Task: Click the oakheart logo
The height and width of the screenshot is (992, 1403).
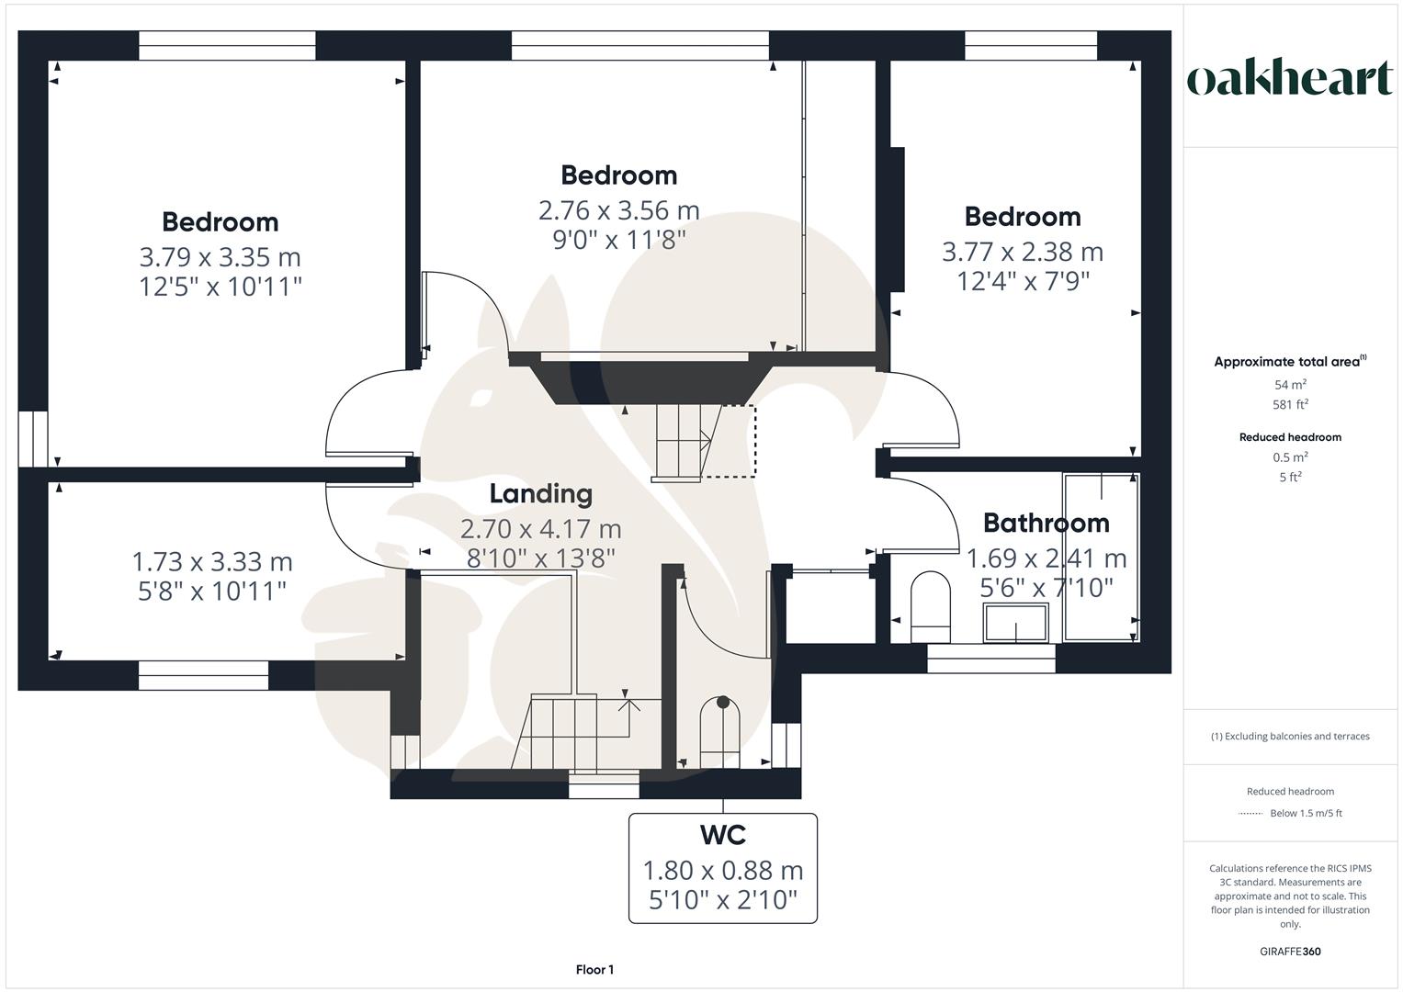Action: coord(1289,79)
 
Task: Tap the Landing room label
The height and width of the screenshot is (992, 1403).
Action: coord(540,494)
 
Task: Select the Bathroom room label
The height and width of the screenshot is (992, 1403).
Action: coord(1046,524)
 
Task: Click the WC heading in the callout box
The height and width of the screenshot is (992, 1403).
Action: coord(723,836)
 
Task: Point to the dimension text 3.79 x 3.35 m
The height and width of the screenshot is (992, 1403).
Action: coord(220,257)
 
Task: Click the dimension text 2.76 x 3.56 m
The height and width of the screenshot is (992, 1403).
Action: coord(618,210)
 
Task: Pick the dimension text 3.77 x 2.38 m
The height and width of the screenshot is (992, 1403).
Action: coord(1022,252)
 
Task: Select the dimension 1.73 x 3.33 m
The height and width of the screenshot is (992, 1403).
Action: coord(212,561)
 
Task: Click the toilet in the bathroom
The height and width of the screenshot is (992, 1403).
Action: coord(930,606)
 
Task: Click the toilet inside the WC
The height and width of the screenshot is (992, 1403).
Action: coord(721,732)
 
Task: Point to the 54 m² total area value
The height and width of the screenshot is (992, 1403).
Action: coord(1290,385)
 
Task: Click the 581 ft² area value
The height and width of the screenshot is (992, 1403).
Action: coord(1290,404)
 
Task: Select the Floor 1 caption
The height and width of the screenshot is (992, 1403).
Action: coord(594,970)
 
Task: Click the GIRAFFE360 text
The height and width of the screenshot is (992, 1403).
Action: coord(1290,952)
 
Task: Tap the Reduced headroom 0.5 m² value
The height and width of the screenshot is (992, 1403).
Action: coord(1290,457)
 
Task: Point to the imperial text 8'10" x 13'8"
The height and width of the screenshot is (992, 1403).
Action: coord(540,558)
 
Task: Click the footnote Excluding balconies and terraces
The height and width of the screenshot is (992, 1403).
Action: coord(1290,737)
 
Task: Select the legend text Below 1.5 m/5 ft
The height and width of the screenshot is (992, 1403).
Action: coord(1305,814)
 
